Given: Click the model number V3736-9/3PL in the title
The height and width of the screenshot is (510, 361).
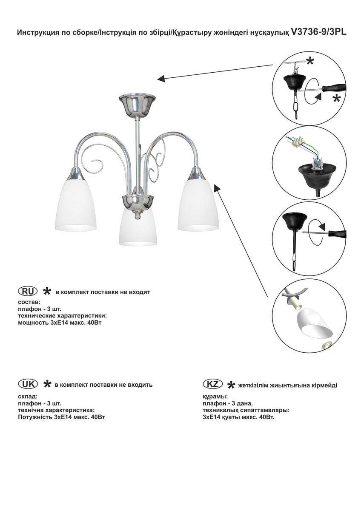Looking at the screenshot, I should point(319,32).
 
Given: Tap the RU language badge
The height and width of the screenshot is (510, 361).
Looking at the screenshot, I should point(28,291).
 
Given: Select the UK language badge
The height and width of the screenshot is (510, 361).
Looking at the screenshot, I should point(28,383).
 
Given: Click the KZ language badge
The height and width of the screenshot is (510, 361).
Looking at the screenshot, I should point(212,384).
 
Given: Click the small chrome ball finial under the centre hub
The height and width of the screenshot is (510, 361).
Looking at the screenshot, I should point(137,216).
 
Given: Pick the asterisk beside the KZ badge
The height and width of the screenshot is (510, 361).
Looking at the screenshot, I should point(231,385).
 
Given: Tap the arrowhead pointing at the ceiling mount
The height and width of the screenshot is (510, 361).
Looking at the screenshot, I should point(161,79).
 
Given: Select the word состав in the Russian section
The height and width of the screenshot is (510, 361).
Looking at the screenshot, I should point(29,302).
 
